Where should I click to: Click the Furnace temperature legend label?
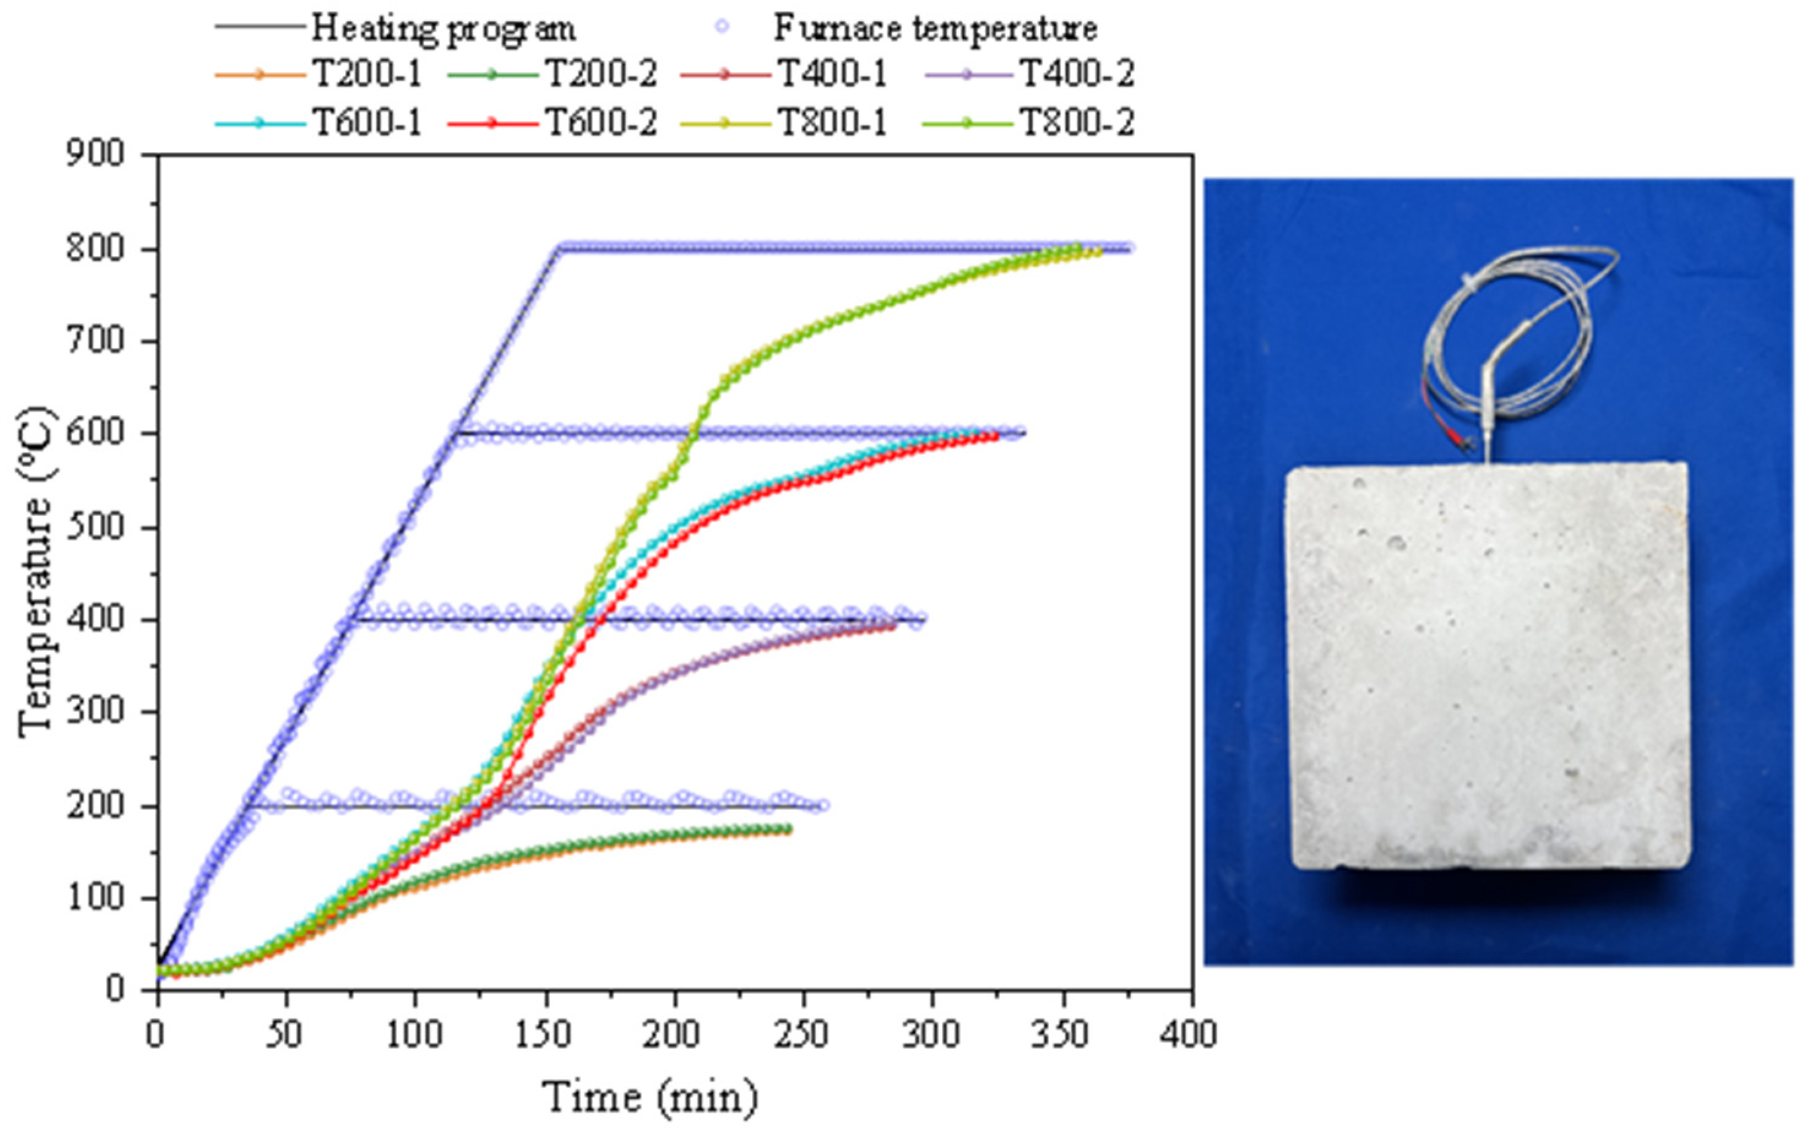(935, 28)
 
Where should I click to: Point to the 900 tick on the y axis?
(94, 154)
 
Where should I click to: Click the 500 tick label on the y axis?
(94, 527)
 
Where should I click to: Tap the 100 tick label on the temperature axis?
(94, 898)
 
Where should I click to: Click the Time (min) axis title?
(649, 1098)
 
